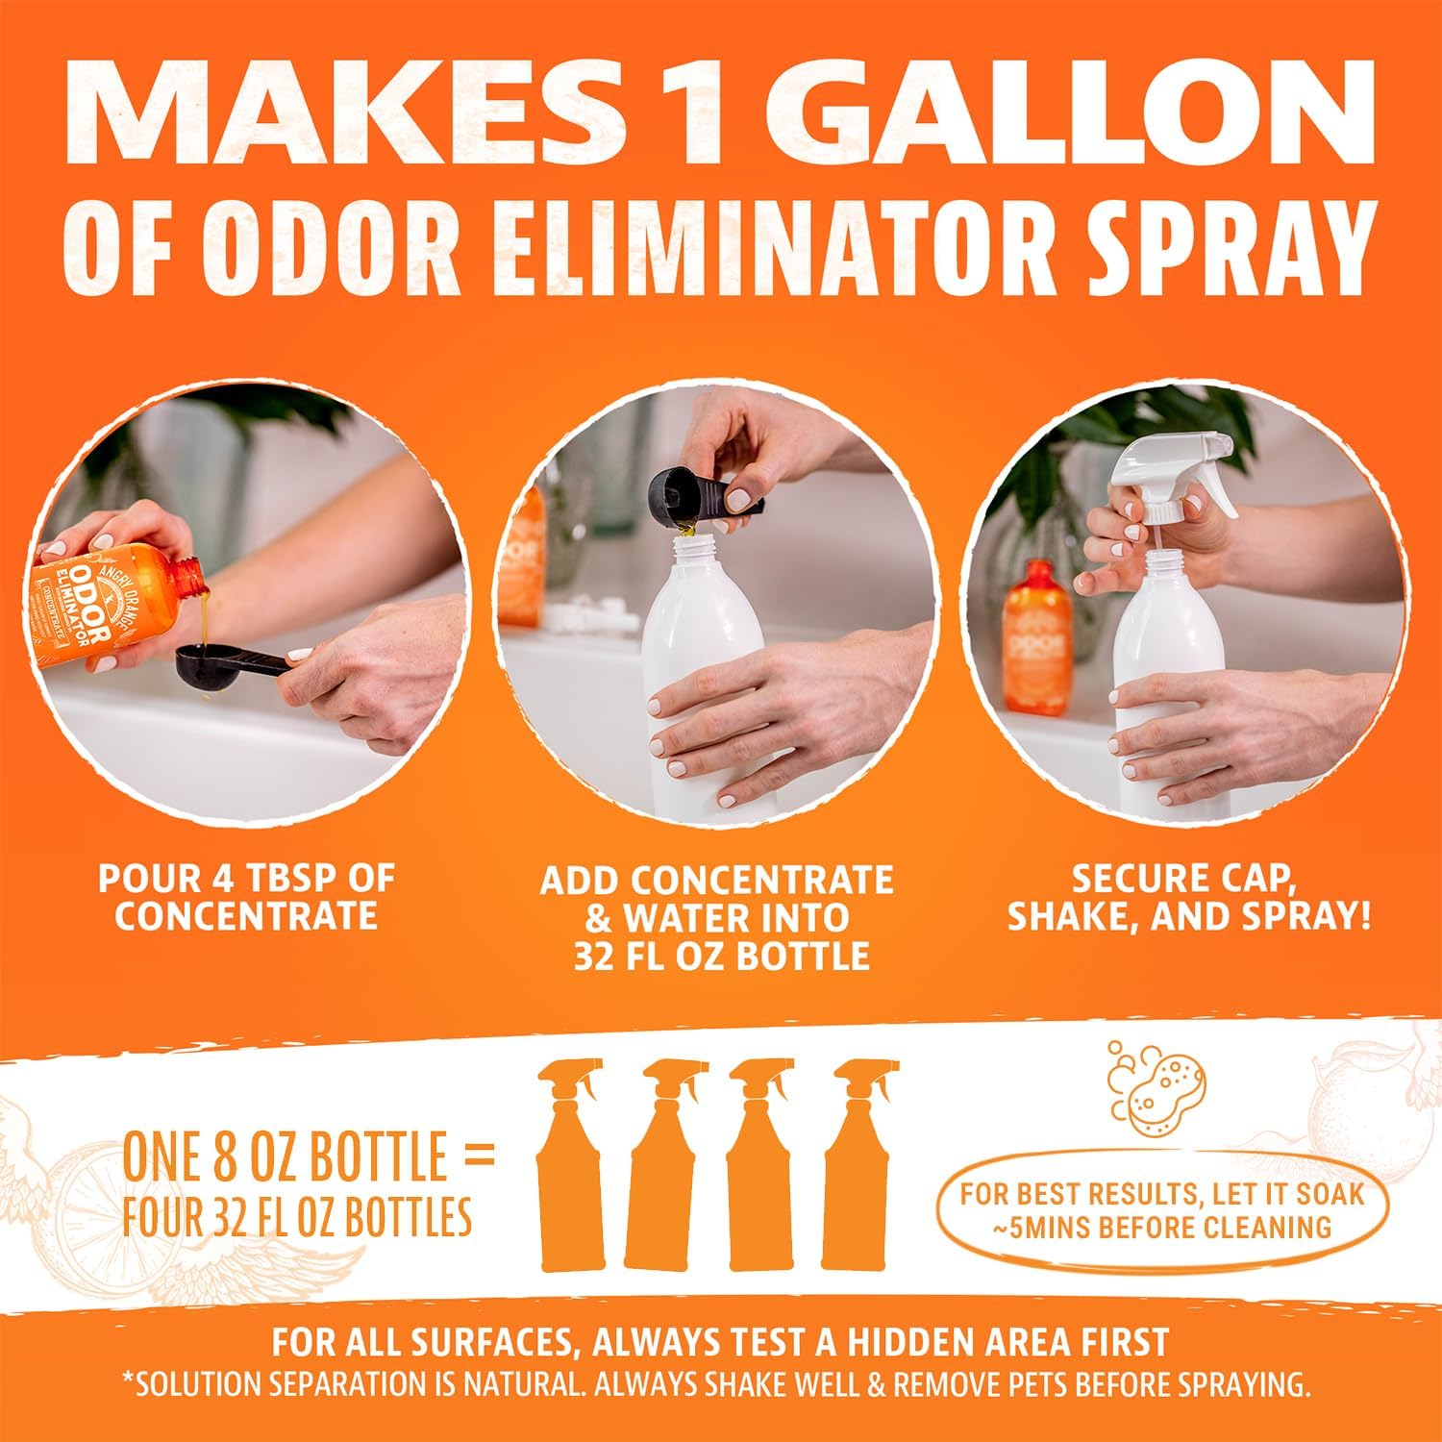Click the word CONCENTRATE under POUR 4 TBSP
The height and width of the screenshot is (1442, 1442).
[246, 916]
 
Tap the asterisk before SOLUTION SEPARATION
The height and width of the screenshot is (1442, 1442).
[128, 1380]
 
